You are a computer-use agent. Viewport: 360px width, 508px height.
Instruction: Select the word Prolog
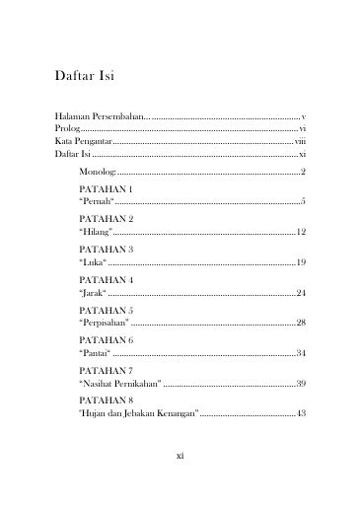click(66, 129)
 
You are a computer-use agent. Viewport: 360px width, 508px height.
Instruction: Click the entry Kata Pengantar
click(84, 142)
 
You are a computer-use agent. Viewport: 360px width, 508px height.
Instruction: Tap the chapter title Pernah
click(96, 200)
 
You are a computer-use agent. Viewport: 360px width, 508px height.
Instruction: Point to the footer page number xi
click(180, 456)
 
